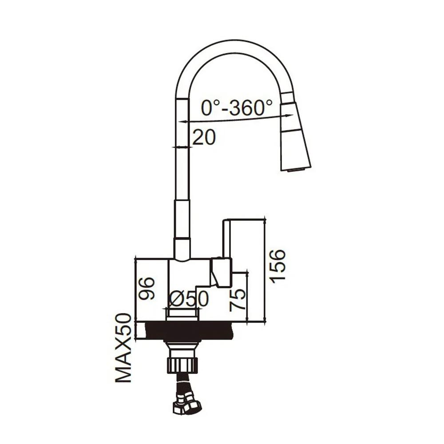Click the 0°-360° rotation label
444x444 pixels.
tap(237, 107)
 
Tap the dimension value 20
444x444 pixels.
tap(204, 137)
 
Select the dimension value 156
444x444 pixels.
tap(277, 266)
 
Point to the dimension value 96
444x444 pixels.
tap(147, 288)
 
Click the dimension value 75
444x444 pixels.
tap(237, 300)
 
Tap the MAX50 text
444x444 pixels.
tap(123, 348)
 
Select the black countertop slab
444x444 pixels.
tap(188, 331)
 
